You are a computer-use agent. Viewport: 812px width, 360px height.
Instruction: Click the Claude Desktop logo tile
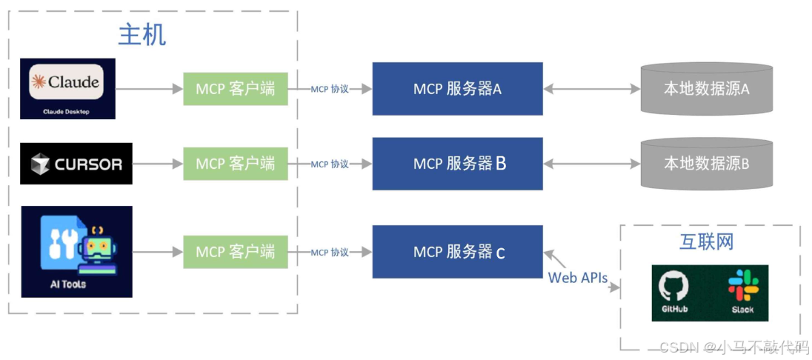coord(68,88)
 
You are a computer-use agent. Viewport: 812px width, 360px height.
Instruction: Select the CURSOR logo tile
coord(76,164)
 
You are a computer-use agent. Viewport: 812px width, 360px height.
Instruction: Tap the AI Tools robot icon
coord(76,251)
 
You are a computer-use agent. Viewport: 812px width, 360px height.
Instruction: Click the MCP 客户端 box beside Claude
coord(235,89)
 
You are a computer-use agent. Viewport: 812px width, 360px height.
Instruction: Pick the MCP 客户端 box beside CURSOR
coord(235,164)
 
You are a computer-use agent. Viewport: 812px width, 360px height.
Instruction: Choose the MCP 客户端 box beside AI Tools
coord(235,252)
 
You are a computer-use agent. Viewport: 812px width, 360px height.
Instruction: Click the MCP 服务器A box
coord(457,89)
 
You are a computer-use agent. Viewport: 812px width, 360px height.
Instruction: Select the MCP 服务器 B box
coord(457,164)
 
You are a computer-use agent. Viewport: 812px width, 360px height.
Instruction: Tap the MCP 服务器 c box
coord(457,252)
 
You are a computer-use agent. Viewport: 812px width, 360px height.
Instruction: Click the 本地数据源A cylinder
coord(706,89)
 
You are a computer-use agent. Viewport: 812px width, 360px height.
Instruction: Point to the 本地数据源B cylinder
coord(706,164)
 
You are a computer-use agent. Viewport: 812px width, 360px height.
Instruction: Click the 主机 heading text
coord(142,35)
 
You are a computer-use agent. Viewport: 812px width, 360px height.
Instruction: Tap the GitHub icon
coord(673,292)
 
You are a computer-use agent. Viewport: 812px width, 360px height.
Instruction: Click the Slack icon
coord(742,292)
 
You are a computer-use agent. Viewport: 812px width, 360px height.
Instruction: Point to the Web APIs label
coord(577,278)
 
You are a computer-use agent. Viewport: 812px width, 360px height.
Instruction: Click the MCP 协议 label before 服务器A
coord(330,89)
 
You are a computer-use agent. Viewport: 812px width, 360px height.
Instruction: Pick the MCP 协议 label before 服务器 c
coord(330,252)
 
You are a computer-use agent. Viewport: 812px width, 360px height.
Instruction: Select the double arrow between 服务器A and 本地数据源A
coord(592,89)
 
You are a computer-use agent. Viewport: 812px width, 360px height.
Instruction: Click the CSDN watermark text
coord(733,347)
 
